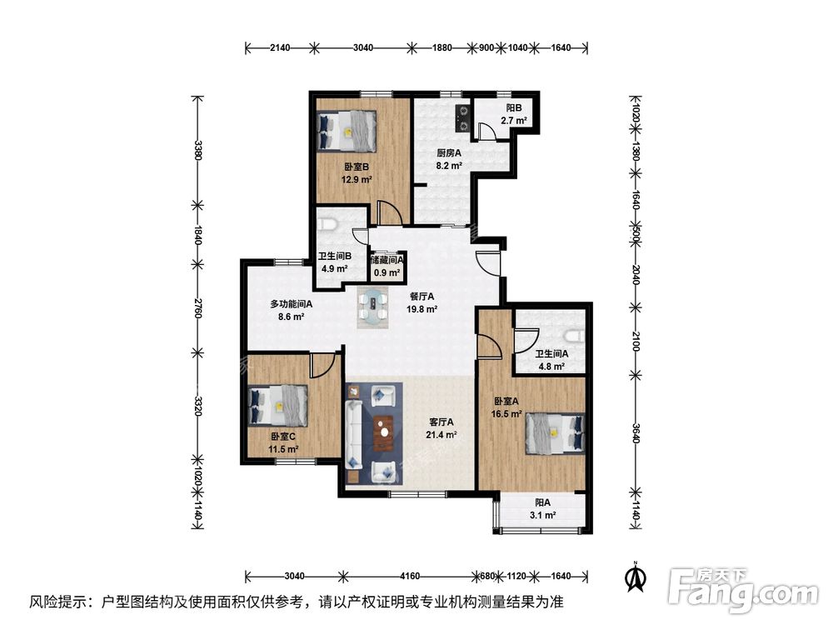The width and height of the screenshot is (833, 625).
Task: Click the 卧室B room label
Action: [x=356, y=167]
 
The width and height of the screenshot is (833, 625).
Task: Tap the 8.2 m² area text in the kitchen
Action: [x=449, y=166]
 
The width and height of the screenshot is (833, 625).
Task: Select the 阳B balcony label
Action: [x=514, y=107]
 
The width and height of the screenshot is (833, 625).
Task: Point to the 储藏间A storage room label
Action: [x=387, y=260]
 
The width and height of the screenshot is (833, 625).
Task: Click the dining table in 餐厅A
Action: [x=373, y=307]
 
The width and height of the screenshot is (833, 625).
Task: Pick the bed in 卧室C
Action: [x=278, y=406]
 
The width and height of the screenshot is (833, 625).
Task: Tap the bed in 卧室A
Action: [x=555, y=433]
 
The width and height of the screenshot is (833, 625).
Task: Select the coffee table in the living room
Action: [x=383, y=433]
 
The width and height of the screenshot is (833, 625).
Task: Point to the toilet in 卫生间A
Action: [x=575, y=336]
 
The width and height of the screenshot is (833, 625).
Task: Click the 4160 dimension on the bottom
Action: [x=410, y=576]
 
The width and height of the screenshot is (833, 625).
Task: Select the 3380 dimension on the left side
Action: [x=198, y=150]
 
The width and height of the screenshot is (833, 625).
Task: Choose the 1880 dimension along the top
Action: [x=442, y=47]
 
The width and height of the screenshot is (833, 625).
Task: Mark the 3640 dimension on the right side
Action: [x=636, y=432]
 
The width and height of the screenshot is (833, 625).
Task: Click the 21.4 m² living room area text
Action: [x=441, y=435]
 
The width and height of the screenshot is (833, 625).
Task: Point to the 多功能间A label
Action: [x=291, y=304]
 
